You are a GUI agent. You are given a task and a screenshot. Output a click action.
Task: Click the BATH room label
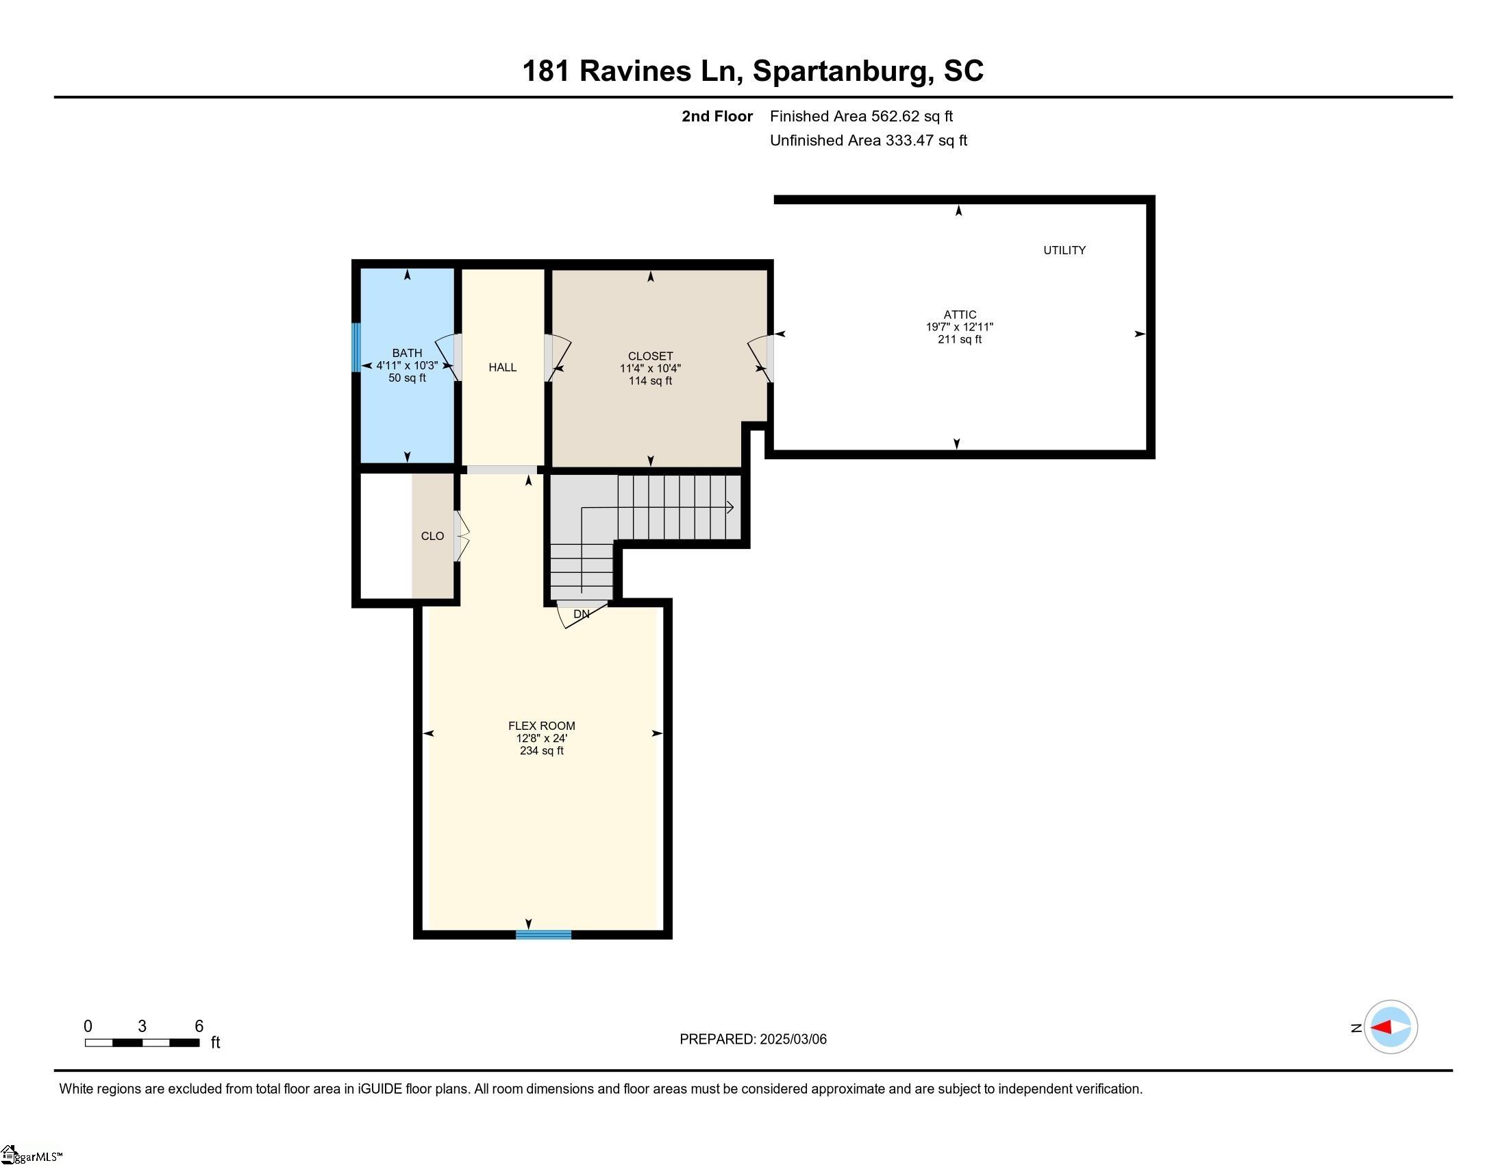coord(406,353)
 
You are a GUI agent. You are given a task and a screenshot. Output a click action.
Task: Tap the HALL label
coord(502,367)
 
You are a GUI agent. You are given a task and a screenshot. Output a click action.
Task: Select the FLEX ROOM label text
coord(541,725)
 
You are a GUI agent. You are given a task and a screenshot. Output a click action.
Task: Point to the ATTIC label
coord(960,315)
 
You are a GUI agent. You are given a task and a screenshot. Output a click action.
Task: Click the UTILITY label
coord(1064,251)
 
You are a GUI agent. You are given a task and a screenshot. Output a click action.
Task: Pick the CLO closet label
coord(433,537)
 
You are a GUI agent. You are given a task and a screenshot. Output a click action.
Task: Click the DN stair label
coord(581,614)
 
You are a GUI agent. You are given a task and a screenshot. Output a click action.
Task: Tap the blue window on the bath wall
coord(356,347)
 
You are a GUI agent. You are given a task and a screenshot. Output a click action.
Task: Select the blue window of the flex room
coord(544,935)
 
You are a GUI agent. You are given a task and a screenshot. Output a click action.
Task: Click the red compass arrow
coord(1382,1027)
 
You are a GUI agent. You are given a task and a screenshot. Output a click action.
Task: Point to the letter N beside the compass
coord(1356,1029)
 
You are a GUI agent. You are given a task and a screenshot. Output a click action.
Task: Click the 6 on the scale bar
coord(199,1027)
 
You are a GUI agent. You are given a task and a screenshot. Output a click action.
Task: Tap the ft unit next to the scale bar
coord(215,1042)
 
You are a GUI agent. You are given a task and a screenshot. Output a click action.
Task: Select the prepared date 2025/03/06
coord(793,1040)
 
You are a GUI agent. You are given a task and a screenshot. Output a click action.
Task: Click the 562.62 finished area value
coord(895,116)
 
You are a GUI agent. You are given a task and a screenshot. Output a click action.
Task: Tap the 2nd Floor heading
coord(717,116)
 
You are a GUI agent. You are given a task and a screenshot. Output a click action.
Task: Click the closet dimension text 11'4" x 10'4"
coord(650,369)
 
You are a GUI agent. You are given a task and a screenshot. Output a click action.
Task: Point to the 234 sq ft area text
coord(542,751)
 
